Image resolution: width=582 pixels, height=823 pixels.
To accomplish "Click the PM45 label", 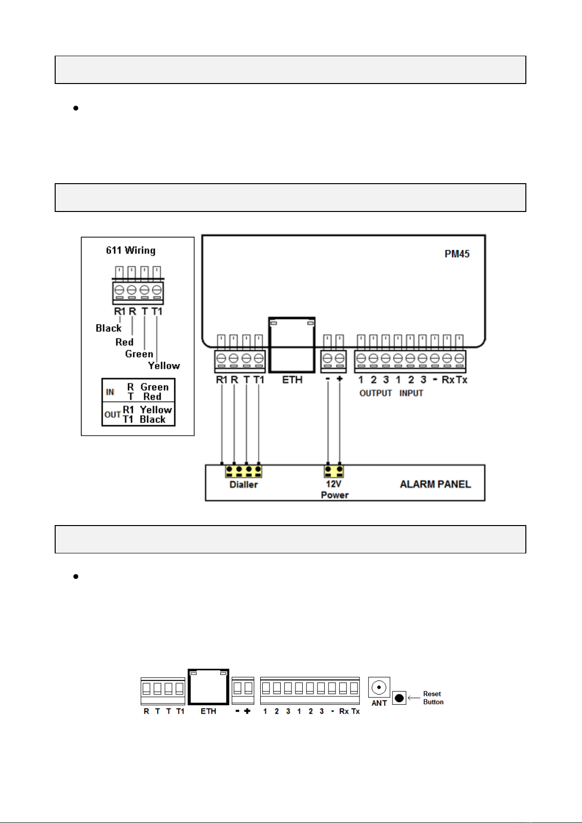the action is click(x=457, y=254).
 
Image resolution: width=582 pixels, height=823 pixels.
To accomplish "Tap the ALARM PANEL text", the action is click(x=435, y=484).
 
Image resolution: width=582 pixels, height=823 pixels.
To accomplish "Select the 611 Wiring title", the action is click(x=131, y=250).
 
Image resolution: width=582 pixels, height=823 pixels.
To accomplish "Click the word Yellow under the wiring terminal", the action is click(x=164, y=365).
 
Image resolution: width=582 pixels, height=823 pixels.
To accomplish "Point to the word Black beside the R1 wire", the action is click(x=108, y=328).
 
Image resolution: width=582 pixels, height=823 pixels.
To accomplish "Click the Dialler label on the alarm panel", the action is click(x=244, y=485).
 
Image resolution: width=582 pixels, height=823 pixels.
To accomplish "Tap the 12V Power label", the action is click(x=334, y=489).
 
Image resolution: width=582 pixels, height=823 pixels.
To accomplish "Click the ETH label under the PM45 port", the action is click(x=292, y=380).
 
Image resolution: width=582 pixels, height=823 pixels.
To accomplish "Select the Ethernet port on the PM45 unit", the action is click(x=292, y=345).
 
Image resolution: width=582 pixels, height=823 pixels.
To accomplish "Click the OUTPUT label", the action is click(x=375, y=393).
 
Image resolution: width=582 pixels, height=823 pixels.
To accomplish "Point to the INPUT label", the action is click(x=411, y=393).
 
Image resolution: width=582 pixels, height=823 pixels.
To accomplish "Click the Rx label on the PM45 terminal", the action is click(x=448, y=380).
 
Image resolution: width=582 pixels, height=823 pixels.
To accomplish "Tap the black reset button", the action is click(x=399, y=698).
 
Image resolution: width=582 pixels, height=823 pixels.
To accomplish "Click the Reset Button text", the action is click(x=433, y=697).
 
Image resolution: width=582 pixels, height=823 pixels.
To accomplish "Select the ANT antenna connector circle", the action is click(x=379, y=687).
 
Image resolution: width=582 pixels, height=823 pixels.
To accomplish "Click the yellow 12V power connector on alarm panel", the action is click(x=334, y=471).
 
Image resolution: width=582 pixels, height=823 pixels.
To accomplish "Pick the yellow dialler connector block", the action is click(x=244, y=471).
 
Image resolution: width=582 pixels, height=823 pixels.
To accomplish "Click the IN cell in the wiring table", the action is click(x=110, y=392).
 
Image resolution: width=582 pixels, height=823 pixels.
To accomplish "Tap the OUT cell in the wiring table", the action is click(x=112, y=415).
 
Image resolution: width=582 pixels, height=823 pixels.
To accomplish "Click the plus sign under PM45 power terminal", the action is click(x=340, y=379).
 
